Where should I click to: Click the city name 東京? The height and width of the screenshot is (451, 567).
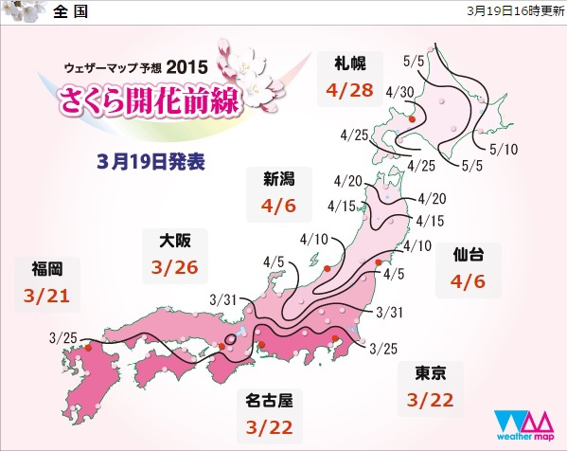pyautogui.click(x=425, y=372)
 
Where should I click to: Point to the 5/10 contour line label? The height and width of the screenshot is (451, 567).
pyautogui.click(x=505, y=149)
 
